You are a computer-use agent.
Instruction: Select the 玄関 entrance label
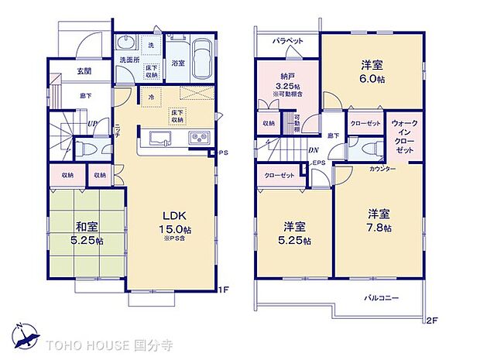pos(85,72)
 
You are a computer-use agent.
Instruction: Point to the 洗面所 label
pos(129,60)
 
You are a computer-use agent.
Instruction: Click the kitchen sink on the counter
pos(160,140)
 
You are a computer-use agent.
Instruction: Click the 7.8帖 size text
pos(379,228)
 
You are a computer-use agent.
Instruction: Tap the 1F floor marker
pos(225,290)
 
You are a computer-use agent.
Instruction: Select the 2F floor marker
pos(431,319)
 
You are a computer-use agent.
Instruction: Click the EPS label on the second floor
pos(319,163)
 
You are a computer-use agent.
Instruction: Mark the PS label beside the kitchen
pos(225,153)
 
